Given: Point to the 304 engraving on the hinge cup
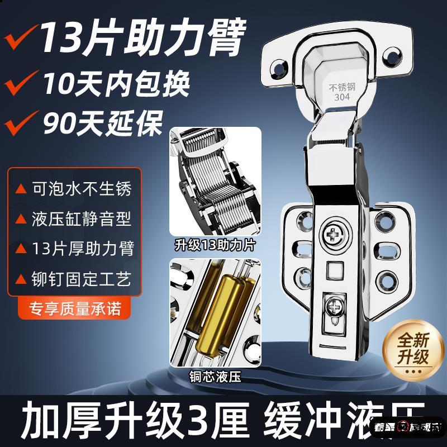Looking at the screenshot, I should pyautogui.click(x=342, y=97).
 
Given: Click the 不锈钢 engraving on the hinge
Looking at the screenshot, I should pyautogui.click(x=342, y=87).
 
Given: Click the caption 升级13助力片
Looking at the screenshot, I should pyautogui.click(x=215, y=244).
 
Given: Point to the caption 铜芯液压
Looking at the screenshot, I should pyautogui.click(x=215, y=377).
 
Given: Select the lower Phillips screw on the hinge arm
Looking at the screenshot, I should pyautogui.click(x=336, y=307).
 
